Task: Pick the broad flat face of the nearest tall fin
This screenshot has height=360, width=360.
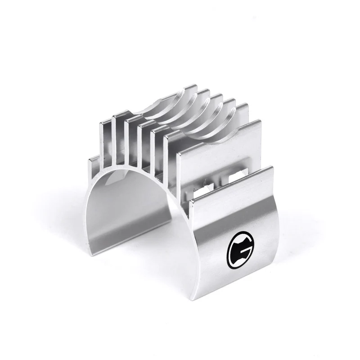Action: tap(216, 139)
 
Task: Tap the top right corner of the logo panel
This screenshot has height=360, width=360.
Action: tap(272, 167)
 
